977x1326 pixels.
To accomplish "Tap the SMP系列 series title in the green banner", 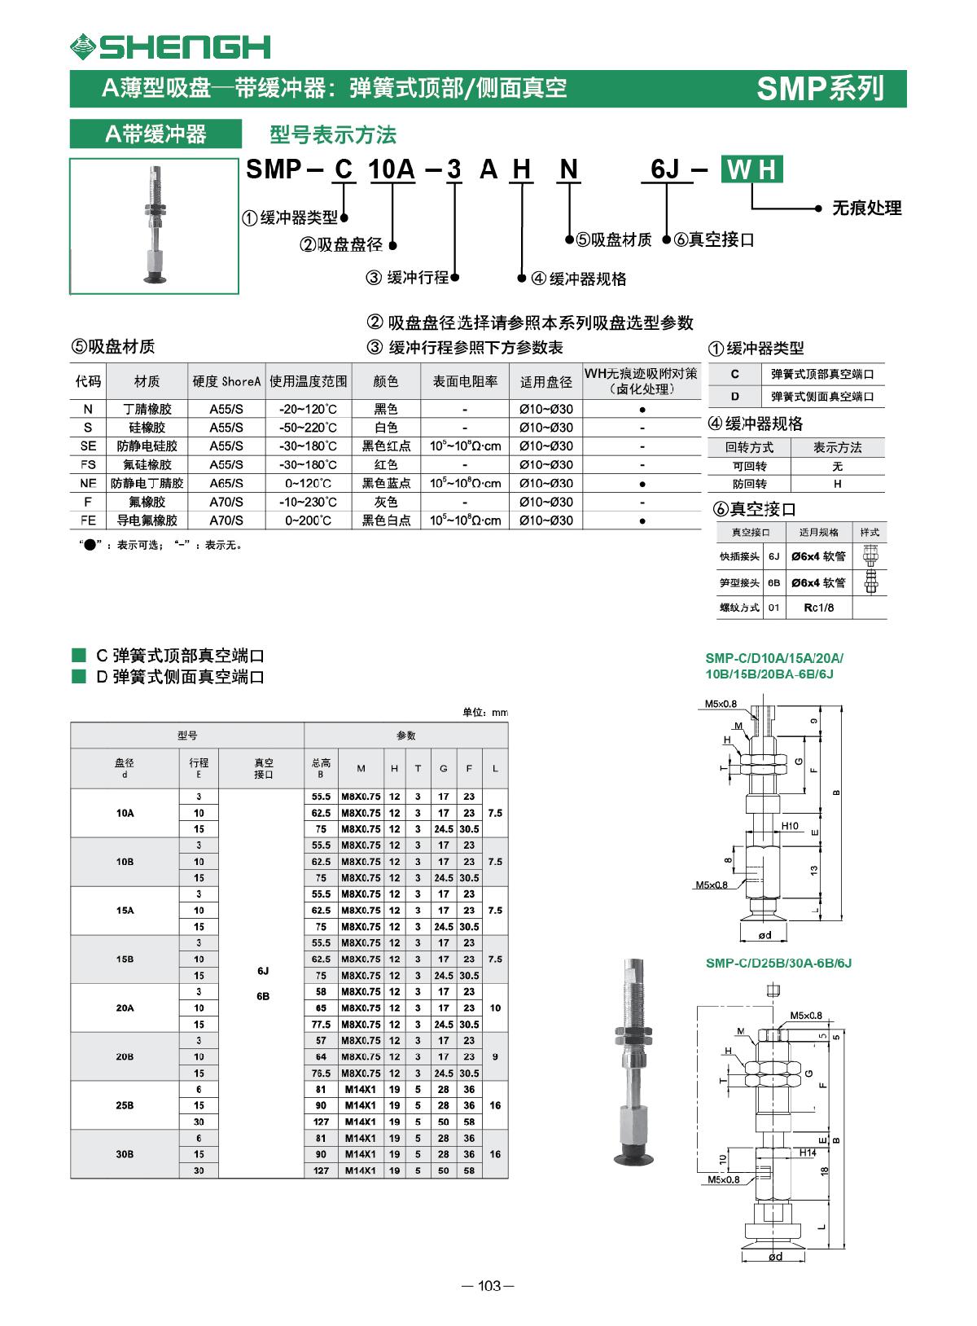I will (x=819, y=88).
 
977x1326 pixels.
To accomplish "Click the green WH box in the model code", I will (x=752, y=169).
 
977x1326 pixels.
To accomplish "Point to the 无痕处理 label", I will (x=866, y=209).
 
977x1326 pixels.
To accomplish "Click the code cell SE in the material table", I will (x=88, y=446).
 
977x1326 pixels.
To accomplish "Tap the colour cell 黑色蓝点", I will (x=386, y=484).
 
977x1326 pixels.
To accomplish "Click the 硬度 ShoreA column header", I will (x=226, y=381).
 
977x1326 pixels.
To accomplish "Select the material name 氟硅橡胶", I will (x=147, y=465).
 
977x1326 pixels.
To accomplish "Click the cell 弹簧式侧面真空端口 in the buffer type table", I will (x=822, y=397).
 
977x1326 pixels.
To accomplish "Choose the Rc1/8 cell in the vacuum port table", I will (x=818, y=608).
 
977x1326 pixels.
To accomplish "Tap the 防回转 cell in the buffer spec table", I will (x=749, y=484).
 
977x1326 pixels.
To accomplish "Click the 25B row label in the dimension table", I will (x=125, y=1105).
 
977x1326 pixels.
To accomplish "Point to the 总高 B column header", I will (x=321, y=768).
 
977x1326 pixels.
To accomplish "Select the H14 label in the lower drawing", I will (x=807, y=1153).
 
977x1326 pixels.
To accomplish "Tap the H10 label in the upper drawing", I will (x=790, y=826).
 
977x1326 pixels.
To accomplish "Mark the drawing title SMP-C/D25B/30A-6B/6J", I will (x=778, y=963).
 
